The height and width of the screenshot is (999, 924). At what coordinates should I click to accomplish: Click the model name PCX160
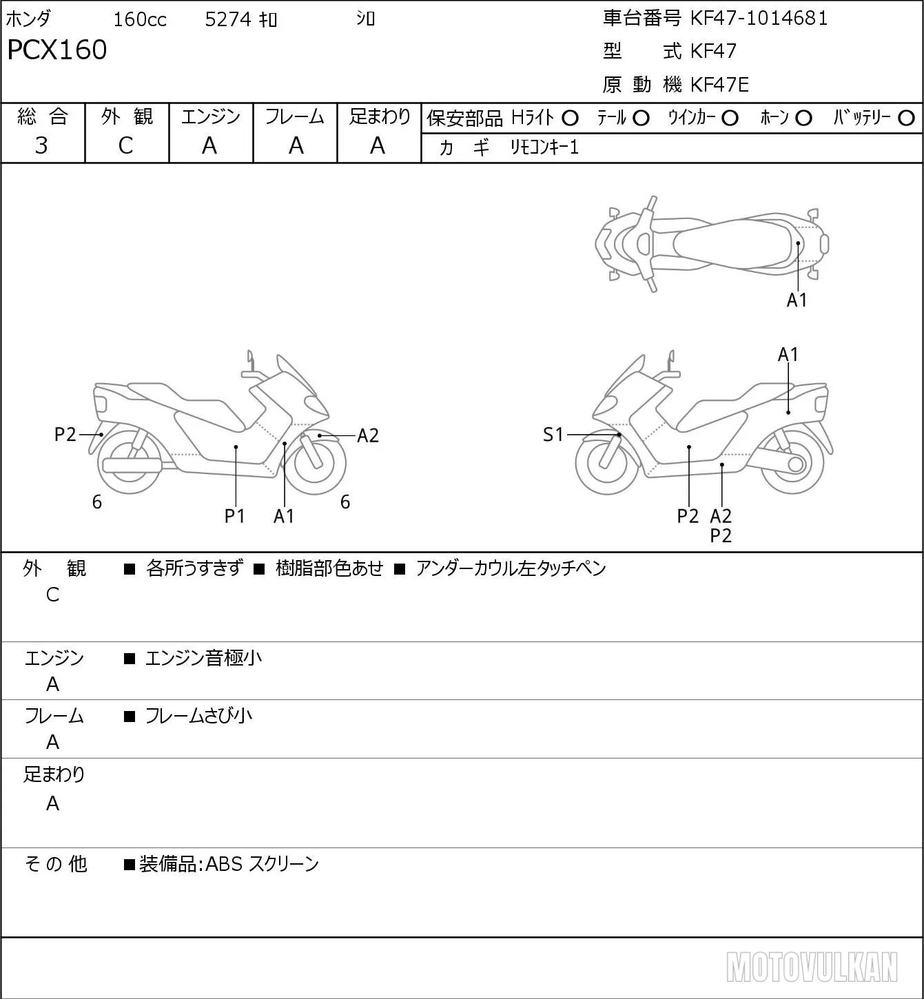click(57, 50)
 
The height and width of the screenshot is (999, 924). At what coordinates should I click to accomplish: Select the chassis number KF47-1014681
click(759, 19)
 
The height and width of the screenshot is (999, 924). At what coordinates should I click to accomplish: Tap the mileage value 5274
click(227, 19)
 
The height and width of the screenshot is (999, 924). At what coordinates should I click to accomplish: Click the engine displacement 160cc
click(140, 19)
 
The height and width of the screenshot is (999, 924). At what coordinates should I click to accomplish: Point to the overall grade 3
click(41, 145)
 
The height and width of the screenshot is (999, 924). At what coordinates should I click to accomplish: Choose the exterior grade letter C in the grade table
click(125, 145)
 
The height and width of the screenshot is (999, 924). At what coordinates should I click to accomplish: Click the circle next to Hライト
click(570, 119)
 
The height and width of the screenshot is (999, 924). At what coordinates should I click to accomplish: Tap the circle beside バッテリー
click(906, 119)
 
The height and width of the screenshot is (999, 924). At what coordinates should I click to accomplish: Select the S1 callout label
click(553, 434)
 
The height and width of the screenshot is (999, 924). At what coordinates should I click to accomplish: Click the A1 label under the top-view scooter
click(797, 300)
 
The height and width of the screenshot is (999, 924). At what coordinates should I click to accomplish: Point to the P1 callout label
click(234, 516)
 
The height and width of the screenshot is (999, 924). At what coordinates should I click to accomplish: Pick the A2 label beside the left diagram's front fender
click(368, 435)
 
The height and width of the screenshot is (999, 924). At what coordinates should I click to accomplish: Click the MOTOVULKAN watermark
click(812, 967)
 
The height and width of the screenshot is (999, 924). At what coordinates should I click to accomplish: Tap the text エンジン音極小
click(203, 658)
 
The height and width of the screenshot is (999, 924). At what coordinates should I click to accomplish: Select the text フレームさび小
click(198, 716)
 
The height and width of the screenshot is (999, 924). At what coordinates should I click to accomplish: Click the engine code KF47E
click(719, 85)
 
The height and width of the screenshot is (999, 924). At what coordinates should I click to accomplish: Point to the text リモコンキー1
click(544, 147)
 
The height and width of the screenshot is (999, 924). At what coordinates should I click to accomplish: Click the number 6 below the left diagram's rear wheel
click(97, 502)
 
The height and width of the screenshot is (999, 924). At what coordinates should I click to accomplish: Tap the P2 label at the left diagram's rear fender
click(65, 434)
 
